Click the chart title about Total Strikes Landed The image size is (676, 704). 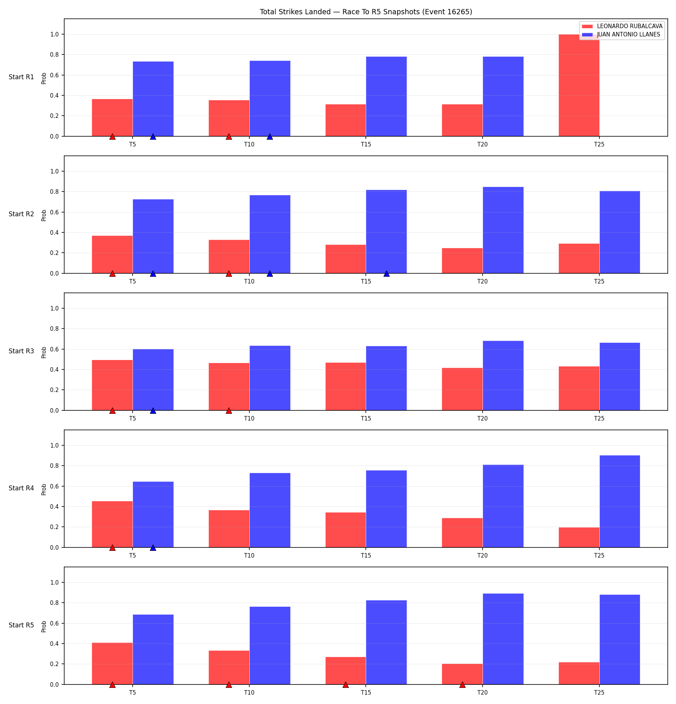[366, 12]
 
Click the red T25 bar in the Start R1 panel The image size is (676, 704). [579, 85]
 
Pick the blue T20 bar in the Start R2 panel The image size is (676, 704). [503, 230]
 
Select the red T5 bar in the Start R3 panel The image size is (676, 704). [112, 385]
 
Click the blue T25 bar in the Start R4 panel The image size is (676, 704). [620, 501]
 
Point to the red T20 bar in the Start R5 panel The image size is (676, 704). [462, 674]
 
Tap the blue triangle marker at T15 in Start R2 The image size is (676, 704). [386, 273]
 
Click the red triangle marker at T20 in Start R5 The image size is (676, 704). [462, 684]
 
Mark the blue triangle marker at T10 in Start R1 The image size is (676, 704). [270, 136]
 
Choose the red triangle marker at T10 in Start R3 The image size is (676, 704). [229, 410]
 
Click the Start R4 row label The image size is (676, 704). [21, 488]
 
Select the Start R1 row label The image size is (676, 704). [21, 77]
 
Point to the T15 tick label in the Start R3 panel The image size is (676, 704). [366, 418]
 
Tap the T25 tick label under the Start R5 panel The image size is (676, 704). [599, 692]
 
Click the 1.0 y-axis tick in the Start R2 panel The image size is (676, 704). [54, 171]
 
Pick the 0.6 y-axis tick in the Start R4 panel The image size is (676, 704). [54, 486]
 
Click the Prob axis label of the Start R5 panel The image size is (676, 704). [44, 626]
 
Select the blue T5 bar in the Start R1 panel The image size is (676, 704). [153, 99]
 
